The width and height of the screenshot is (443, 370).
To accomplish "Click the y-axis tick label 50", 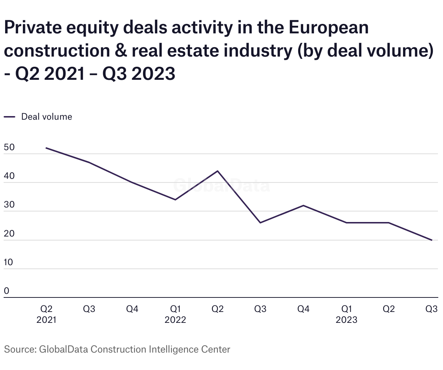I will pos(9,148).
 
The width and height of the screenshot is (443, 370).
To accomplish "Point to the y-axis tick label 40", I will pos(9,176).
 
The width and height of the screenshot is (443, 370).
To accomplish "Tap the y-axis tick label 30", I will pos(9,205).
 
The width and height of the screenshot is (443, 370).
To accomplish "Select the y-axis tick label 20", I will pos(9,234).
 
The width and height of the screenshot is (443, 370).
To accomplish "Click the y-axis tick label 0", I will pos(7,291).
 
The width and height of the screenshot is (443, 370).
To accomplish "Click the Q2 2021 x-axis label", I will pos(46,314).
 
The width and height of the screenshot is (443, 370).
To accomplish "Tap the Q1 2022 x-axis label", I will pos(175,314).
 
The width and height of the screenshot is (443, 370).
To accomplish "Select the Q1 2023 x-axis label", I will pos(346,314).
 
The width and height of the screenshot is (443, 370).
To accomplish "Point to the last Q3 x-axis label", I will pos(431,309).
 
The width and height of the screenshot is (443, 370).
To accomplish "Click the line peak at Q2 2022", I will pos(218,171).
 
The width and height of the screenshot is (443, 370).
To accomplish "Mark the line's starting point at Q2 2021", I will pos(46,148).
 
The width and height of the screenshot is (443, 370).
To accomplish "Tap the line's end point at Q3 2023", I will pos(432,240).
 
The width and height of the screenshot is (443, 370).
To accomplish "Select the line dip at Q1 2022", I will pos(175,200).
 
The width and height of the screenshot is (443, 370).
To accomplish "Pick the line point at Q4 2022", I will pos(303,206).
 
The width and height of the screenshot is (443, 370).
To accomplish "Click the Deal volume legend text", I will pos(46,117).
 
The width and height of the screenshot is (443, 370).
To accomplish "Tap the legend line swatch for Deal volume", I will pos(9,117).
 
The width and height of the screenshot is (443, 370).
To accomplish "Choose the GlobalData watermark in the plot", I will pos(221,185).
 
